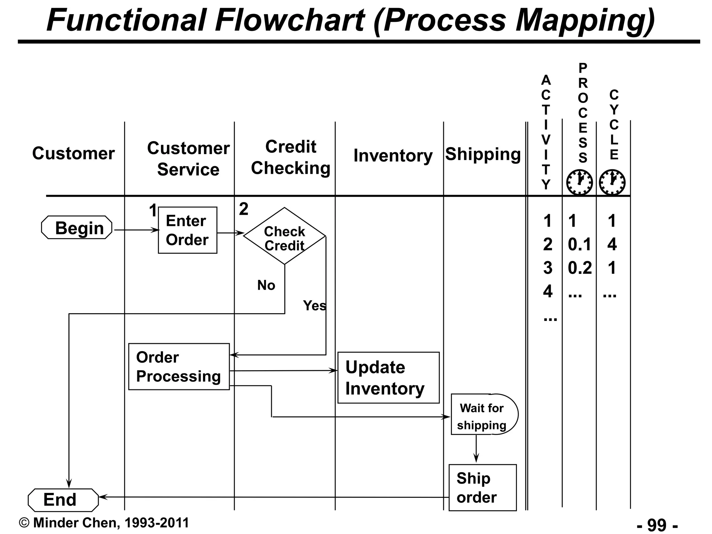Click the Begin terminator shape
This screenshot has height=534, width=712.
[x=77, y=228]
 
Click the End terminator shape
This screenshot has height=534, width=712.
[x=63, y=500]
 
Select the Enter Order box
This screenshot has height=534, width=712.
[x=187, y=230]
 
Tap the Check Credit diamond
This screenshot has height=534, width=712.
[x=284, y=236]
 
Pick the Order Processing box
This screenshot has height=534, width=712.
[x=179, y=367]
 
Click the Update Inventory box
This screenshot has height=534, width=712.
[x=388, y=378]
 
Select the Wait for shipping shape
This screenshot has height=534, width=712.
[x=483, y=414]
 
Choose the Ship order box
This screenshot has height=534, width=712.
[x=482, y=488]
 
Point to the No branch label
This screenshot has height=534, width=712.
[x=266, y=285]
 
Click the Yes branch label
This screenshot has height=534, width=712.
[x=314, y=306]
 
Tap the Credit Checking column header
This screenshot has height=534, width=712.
[x=291, y=157]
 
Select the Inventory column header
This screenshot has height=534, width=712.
[x=393, y=155]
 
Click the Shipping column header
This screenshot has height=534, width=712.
[x=483, y=154]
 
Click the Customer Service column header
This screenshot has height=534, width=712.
[x=188, y=159]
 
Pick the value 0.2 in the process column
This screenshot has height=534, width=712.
[x=580, y=268]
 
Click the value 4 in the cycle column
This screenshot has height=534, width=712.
[x=612, y=244]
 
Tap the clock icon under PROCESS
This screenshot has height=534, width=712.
[x=579, y=182]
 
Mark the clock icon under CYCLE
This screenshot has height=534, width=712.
[x=612, y=182]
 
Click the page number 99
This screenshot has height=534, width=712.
[x=657, y=525]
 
